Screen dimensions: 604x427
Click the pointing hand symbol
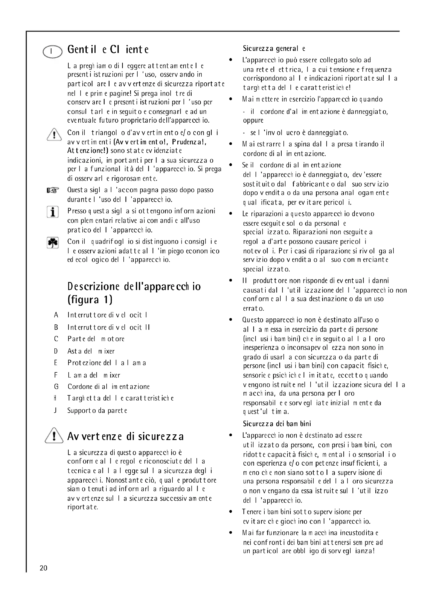pyautogui.click(x=53, y=190)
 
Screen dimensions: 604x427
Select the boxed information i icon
pyautogui.click(x=53, y=212)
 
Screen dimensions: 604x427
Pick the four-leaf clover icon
pyautogui.click(x=53, y=242)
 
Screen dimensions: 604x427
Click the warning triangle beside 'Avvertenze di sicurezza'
pyautogui.click(x=54, y=436)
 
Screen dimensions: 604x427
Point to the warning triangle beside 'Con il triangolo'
pyautogui.click(x=54, y=135)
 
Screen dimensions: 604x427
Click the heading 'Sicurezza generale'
pyautogui.click(x=274, y=49)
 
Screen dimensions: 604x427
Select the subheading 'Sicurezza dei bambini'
pyautogui.click(x=277, y=424)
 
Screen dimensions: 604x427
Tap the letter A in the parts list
pyautogui.click(x=56, y=315)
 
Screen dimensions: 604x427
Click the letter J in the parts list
pyautogui.click(x=55, y=411)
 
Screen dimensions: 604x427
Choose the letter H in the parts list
pyautogui.click(x=55, y=398)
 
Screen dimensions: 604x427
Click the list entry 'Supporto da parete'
pyautogui.click(x=97, y=411)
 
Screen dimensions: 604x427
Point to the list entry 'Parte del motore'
pyautogui.click(x=96, y=339)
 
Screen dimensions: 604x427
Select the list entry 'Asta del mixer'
pyautogui.click(x=91, y=351)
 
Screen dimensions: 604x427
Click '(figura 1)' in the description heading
pyautogui.click(x=90, y=300)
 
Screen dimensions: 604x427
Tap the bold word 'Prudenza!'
pyautogui.click(x=189, y=142)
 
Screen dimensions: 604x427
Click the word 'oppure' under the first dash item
pyautogui.click(x=253, y=121)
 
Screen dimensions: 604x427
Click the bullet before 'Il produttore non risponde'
pyautogui.click(x=231, y=281)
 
